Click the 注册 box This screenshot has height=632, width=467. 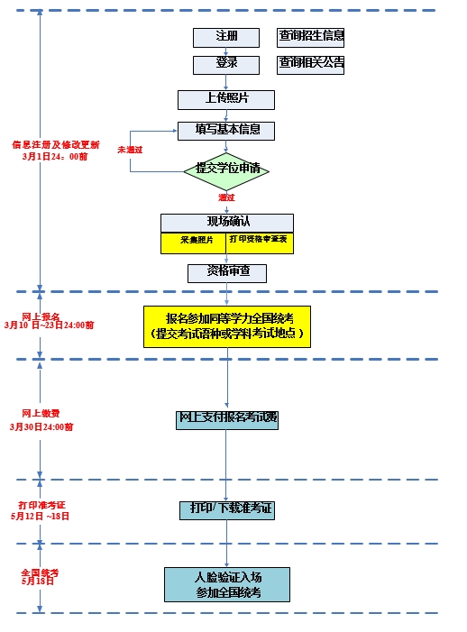225,37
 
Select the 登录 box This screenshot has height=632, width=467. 225,64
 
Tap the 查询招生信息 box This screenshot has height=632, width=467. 311,37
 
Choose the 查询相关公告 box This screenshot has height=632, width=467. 311,64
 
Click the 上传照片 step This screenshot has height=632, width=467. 225,99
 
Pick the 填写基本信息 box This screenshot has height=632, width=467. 225,130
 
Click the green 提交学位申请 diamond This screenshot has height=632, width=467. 226,169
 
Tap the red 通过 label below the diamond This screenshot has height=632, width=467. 226,197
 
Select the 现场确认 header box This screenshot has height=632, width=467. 227,222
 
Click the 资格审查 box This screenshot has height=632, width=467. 227,271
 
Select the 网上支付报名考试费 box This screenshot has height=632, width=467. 227,419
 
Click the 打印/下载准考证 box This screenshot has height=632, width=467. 226,509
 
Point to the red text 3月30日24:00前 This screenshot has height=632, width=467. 41,427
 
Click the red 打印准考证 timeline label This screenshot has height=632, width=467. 41,506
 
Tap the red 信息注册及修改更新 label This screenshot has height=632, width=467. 56,144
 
